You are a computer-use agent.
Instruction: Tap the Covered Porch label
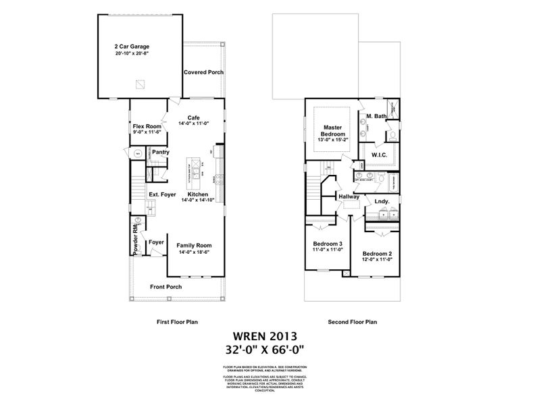pos(203,72)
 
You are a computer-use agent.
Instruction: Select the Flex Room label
pos(147,126)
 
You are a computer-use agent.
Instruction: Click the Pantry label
pos(160,153)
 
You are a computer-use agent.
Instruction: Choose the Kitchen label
pos(198,194)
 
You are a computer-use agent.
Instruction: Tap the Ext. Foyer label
pos(162,194)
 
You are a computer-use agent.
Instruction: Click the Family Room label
pos(195,245)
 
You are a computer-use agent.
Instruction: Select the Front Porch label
pos(165,287)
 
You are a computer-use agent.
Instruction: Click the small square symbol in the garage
pos(140,84)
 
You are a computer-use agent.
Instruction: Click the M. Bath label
pos(376,117)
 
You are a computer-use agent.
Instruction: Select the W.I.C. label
pos(379,155)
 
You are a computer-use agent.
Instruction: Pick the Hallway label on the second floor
pos(349,196)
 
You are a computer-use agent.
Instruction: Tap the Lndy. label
pos(382,200)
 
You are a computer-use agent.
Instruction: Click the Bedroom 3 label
pos(328,244)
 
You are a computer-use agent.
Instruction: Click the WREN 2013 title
pos(267,335)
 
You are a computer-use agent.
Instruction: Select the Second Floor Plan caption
pos(352,322)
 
